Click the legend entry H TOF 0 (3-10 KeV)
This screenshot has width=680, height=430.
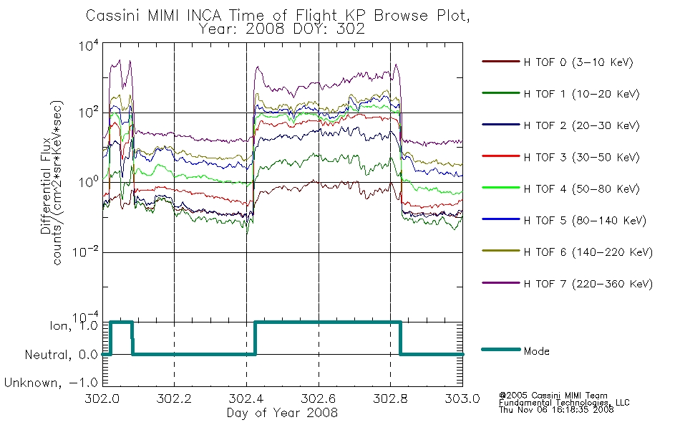[x=578, y=62]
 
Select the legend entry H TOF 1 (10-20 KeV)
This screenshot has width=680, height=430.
[x=581, y=94]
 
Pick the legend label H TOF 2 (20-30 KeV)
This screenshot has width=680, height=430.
[x=581, y=125]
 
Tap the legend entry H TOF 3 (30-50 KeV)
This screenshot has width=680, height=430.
[x=581, y=157]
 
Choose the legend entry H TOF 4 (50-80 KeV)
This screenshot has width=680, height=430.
[x=581, y=189]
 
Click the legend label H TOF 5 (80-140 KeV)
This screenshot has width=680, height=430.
[x=585, y=221]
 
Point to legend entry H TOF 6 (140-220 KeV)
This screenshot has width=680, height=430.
[x=588, y=252]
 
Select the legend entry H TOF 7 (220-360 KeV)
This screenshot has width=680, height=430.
[x=588, y=284]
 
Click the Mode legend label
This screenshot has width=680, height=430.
[x=536, y=351]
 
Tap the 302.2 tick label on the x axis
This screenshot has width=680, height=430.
[x=174, y=398]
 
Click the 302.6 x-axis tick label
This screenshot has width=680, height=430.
[x=319, y=398]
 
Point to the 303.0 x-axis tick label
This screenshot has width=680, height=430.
[x=462, y=398]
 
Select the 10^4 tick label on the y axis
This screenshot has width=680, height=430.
[x=89, y=45]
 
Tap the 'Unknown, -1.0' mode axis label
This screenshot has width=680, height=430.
[x=51, y=383]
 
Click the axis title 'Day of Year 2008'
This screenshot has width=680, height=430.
[x=282, y=413]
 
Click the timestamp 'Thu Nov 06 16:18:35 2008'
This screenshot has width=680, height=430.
[x=556, y=410]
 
